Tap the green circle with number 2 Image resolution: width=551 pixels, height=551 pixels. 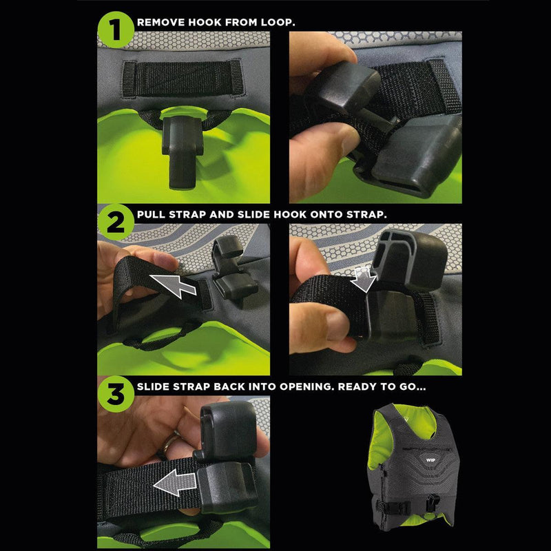tap(115, 220)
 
